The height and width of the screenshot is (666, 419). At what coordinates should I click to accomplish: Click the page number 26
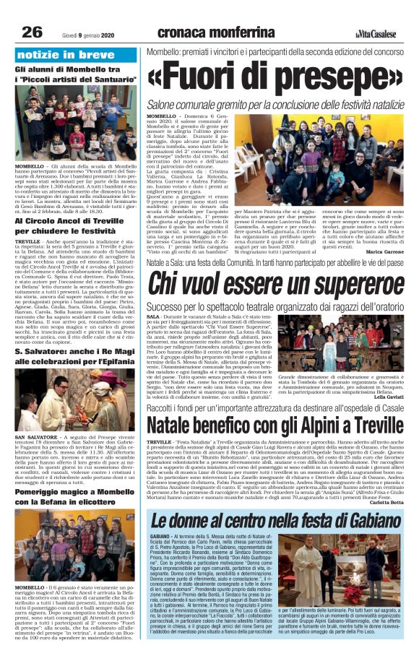(x=32, y=32)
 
